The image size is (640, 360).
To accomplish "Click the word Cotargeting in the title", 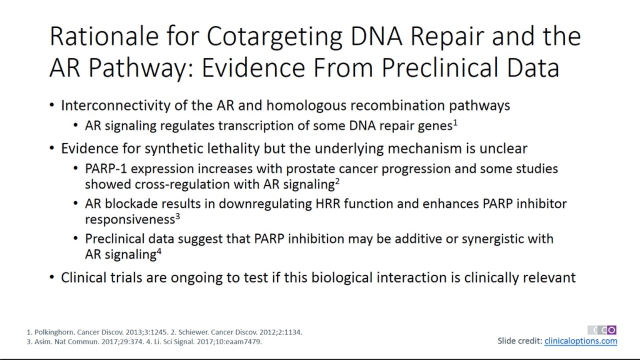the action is pos(274,37).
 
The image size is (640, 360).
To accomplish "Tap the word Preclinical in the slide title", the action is pos(440,68).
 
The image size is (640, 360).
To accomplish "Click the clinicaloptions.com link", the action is pos(581,341).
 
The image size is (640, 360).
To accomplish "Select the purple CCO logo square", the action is pos(611,330).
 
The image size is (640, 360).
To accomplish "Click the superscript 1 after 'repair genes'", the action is pos(455,123).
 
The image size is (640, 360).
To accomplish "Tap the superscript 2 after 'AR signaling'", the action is pos(337,181).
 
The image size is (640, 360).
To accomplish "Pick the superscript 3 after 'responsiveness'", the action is pos(177,217).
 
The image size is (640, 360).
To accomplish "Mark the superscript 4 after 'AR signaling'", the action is pos(159,251).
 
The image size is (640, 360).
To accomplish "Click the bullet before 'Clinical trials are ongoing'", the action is pos(52,277).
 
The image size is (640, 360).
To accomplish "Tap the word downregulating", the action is pos(265,204).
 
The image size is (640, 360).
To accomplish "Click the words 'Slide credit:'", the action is pos(519,341).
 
